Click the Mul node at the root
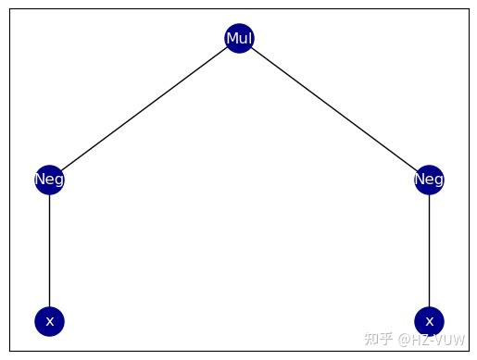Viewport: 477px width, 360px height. (x=239, y=38)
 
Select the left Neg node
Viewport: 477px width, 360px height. (x=49, y=180)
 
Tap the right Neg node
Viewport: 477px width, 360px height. (x=429, y=180)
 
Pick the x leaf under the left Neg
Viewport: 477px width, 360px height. (x=49, y=321)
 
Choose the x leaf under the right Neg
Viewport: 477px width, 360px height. (x=429, y=321)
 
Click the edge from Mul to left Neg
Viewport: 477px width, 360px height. (x=144, y=109)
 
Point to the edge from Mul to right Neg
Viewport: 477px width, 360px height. (x=334, y=109)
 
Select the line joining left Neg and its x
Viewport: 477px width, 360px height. (x=49, y=250)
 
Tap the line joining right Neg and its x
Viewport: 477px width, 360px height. (x=429, y=250)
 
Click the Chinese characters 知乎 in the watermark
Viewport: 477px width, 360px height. (x=378, y=339)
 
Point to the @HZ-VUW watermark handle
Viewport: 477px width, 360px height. (x=433, y=339)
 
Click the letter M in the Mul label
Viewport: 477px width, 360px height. (x=231, y=38)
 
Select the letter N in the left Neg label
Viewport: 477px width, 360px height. (x=40, y=180)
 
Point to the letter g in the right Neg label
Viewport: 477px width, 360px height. (x=438, y=180)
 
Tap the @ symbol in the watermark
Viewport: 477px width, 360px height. (x=405, y=339)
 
